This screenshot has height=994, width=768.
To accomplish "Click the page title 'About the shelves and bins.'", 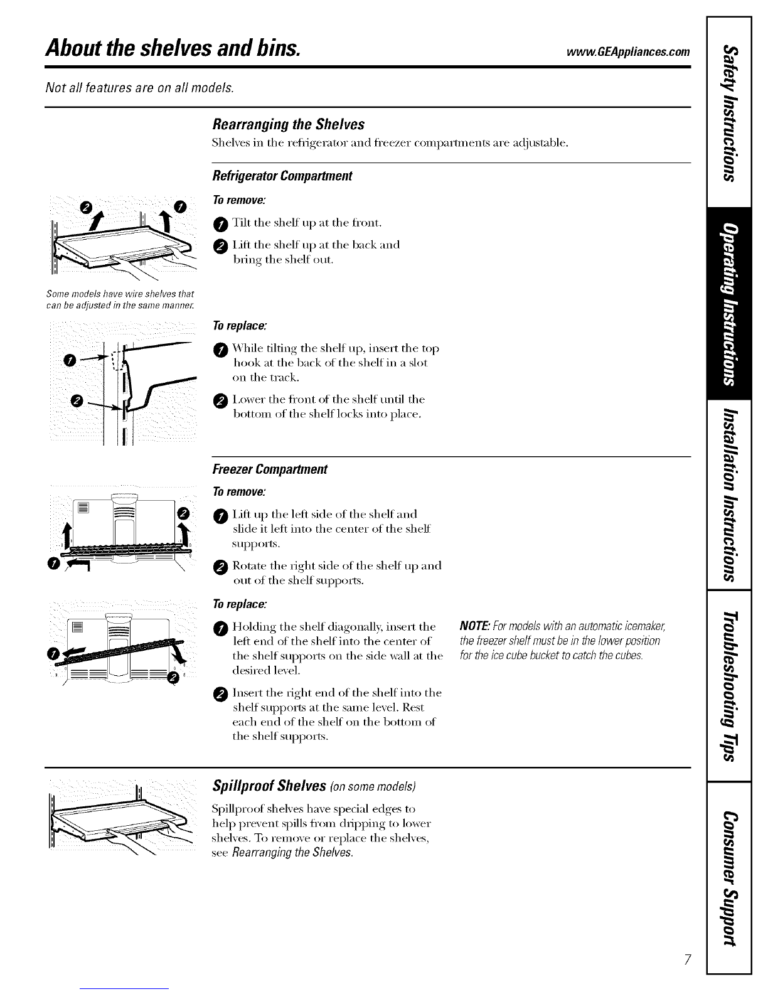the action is click(x=173, y=48).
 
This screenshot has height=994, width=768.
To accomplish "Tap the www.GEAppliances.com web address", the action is click(x=628, y=52).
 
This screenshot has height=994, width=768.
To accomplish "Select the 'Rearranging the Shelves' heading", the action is click(x=288, y=124).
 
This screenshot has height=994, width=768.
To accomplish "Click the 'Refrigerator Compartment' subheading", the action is click(x=282, y=176).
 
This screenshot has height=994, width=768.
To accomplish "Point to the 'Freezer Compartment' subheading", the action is click(x=270, y=469).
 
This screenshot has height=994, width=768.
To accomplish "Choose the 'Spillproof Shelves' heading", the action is click(x=269, y=786).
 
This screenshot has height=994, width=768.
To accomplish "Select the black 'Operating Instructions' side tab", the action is click(x=730, y=304).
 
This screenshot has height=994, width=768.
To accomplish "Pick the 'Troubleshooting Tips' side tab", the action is click(x=730, y=686).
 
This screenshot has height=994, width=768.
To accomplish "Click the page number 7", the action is click(x=687, y=959).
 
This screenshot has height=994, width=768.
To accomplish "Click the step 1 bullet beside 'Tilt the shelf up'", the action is click(x=220, y=225).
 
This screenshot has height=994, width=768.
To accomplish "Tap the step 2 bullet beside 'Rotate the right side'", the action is click(x=220, y=567).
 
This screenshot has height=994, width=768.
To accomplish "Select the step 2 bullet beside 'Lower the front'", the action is click(x=220, y=401).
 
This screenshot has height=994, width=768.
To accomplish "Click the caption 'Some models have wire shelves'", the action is click(x=120, y=299).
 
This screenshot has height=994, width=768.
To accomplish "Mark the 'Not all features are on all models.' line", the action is click(x=139, y=87).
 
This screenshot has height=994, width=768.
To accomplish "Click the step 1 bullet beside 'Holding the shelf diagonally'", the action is click(x=220, y=629).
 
